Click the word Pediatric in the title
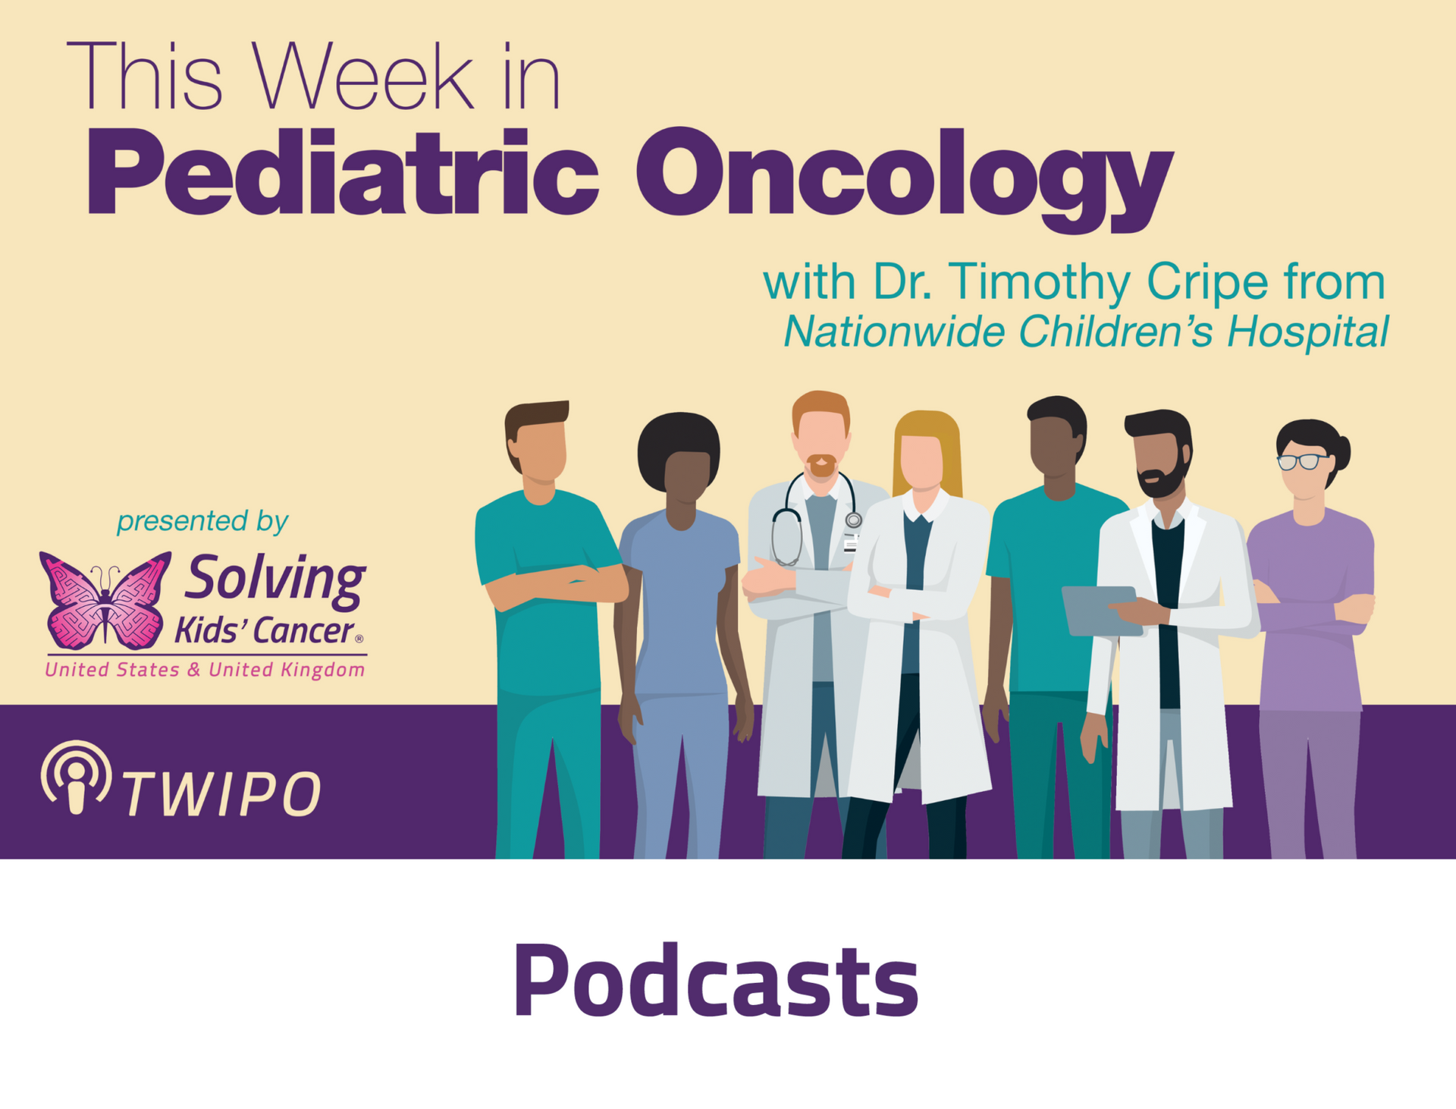point(343,173)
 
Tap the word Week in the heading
point(363,76)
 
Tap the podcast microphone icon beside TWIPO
point(76,778)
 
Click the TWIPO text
point(221,794)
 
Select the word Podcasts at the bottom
point(716,980)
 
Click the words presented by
point(202,522)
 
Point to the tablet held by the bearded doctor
point(1101,611)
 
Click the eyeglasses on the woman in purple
point(1302,461)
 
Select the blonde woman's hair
point(927,448)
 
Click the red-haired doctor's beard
point(821,465)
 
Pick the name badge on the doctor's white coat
point(850,543)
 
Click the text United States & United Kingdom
point(205,670)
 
